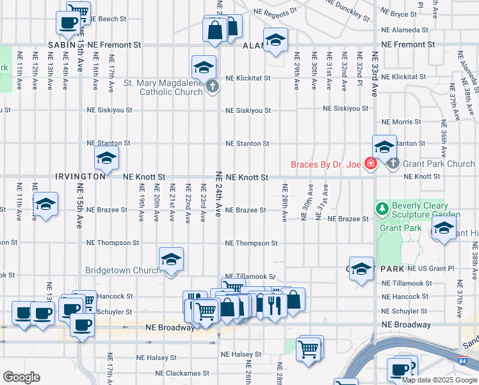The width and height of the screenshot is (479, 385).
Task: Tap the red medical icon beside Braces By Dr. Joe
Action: point(369,165)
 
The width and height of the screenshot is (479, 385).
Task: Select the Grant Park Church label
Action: point(434,164)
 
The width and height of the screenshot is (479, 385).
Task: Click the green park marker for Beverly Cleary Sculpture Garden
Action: point(382,208)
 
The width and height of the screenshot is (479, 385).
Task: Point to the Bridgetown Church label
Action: point(123,270)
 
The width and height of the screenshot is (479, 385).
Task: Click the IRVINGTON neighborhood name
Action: point(80,176)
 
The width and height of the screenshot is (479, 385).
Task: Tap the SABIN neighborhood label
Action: point(62,45)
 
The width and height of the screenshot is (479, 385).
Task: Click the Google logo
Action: point(21,377)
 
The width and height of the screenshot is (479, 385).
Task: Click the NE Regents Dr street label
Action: point(275,11)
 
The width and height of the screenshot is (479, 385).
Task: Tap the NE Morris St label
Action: point(400,122)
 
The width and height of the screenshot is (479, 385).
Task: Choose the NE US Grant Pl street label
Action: point(417,268)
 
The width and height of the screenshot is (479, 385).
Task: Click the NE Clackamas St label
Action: point(183,373)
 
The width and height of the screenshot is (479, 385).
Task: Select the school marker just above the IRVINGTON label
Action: point(106,157)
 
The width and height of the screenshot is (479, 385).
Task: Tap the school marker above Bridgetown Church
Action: point(171,259)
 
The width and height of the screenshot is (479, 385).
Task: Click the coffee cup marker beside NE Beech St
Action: point(68,23)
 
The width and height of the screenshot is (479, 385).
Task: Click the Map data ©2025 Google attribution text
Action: point(439,379)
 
